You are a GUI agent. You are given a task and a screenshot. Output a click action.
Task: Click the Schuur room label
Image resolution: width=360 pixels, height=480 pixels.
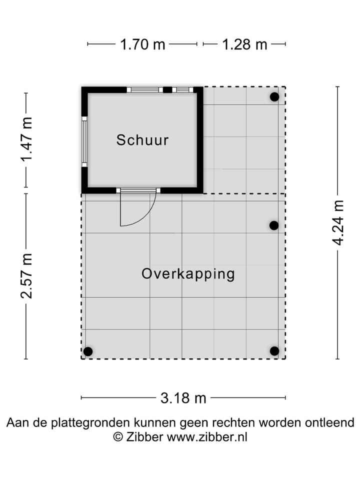pos(142,140)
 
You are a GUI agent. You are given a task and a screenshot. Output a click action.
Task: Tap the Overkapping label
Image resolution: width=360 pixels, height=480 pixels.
pos(188,274)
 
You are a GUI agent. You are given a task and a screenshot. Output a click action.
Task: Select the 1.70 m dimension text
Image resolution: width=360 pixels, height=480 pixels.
pos(142,44)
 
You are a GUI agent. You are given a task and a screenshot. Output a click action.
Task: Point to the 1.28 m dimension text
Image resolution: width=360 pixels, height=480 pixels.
pos(244,44)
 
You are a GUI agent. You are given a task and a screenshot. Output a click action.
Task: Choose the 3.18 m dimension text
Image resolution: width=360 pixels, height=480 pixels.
pos(183,398)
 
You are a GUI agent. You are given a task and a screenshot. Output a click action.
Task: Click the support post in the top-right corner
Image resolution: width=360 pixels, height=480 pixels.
pos(274,97)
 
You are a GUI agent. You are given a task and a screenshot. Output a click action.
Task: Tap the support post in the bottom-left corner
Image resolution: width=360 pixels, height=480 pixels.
pos(88,351)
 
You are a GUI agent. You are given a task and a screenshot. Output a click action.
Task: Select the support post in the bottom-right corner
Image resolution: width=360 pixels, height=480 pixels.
pos(274,351)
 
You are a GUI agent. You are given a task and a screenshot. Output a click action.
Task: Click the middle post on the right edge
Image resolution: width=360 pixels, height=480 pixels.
pos(274,225)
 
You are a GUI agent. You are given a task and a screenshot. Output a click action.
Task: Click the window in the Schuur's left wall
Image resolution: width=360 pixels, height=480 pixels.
pos(84,141)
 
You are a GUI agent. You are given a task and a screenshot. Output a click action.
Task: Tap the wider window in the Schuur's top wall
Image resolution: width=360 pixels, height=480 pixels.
pos(145,90)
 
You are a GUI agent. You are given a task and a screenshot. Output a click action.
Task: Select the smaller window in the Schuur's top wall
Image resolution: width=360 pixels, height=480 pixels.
pos(182,90)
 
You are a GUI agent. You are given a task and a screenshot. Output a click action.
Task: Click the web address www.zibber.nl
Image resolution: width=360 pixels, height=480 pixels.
pos(207,436)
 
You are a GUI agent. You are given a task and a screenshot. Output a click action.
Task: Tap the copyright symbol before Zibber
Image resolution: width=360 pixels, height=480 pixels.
pos(118,436)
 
